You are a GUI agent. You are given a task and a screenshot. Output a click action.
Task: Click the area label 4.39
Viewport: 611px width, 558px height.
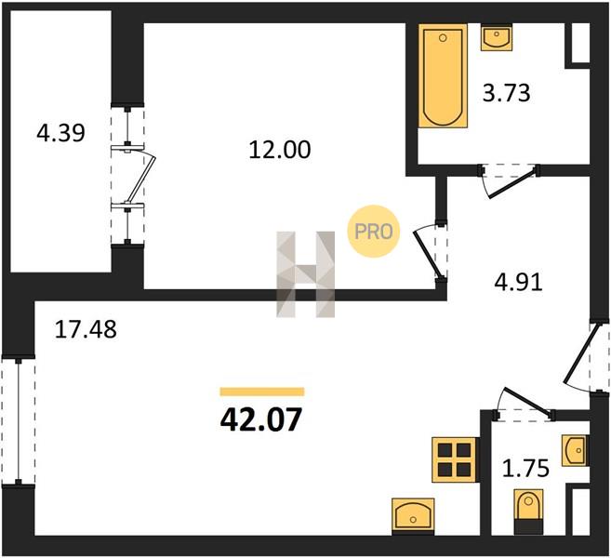(x=60, y=133)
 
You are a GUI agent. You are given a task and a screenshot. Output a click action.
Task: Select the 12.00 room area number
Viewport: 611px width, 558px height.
(x=280, y=150)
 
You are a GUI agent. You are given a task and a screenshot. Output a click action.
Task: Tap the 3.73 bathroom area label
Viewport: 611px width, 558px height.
(x=506, y=94)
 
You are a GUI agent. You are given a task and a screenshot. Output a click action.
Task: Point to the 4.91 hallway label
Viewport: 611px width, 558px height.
(x=518, y=283)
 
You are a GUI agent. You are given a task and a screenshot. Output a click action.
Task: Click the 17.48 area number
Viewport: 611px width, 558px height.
(x=86, y=329)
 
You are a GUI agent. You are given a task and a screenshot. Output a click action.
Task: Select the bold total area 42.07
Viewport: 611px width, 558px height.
(x=261, y=419)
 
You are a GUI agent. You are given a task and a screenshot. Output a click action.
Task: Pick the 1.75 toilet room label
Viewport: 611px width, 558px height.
(x=525, y=468)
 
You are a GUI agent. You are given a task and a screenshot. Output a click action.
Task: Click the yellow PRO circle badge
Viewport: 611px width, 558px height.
(x=373, y=232)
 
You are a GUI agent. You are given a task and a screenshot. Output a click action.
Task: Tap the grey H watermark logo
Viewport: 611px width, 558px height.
(x=305, y=274)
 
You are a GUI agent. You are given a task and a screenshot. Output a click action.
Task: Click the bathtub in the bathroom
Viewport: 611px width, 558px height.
(x=443, y=76)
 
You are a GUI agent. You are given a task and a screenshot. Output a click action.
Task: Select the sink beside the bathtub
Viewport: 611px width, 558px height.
(x=497, y=37)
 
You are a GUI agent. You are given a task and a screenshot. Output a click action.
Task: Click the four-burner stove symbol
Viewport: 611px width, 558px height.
(x=454, y=459)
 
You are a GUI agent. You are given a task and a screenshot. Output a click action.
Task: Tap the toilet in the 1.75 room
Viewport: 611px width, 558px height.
(x=528, y=511)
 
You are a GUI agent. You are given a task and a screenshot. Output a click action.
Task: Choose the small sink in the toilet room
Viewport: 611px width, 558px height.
(x=575, y=450)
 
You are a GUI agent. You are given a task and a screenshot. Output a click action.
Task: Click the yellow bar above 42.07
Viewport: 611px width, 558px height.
(x=262, y=392)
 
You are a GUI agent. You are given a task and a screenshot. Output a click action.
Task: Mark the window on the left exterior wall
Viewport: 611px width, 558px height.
(x=18, y=421)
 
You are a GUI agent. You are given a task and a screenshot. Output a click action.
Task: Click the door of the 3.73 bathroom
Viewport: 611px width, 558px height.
(x=509, y=179)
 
